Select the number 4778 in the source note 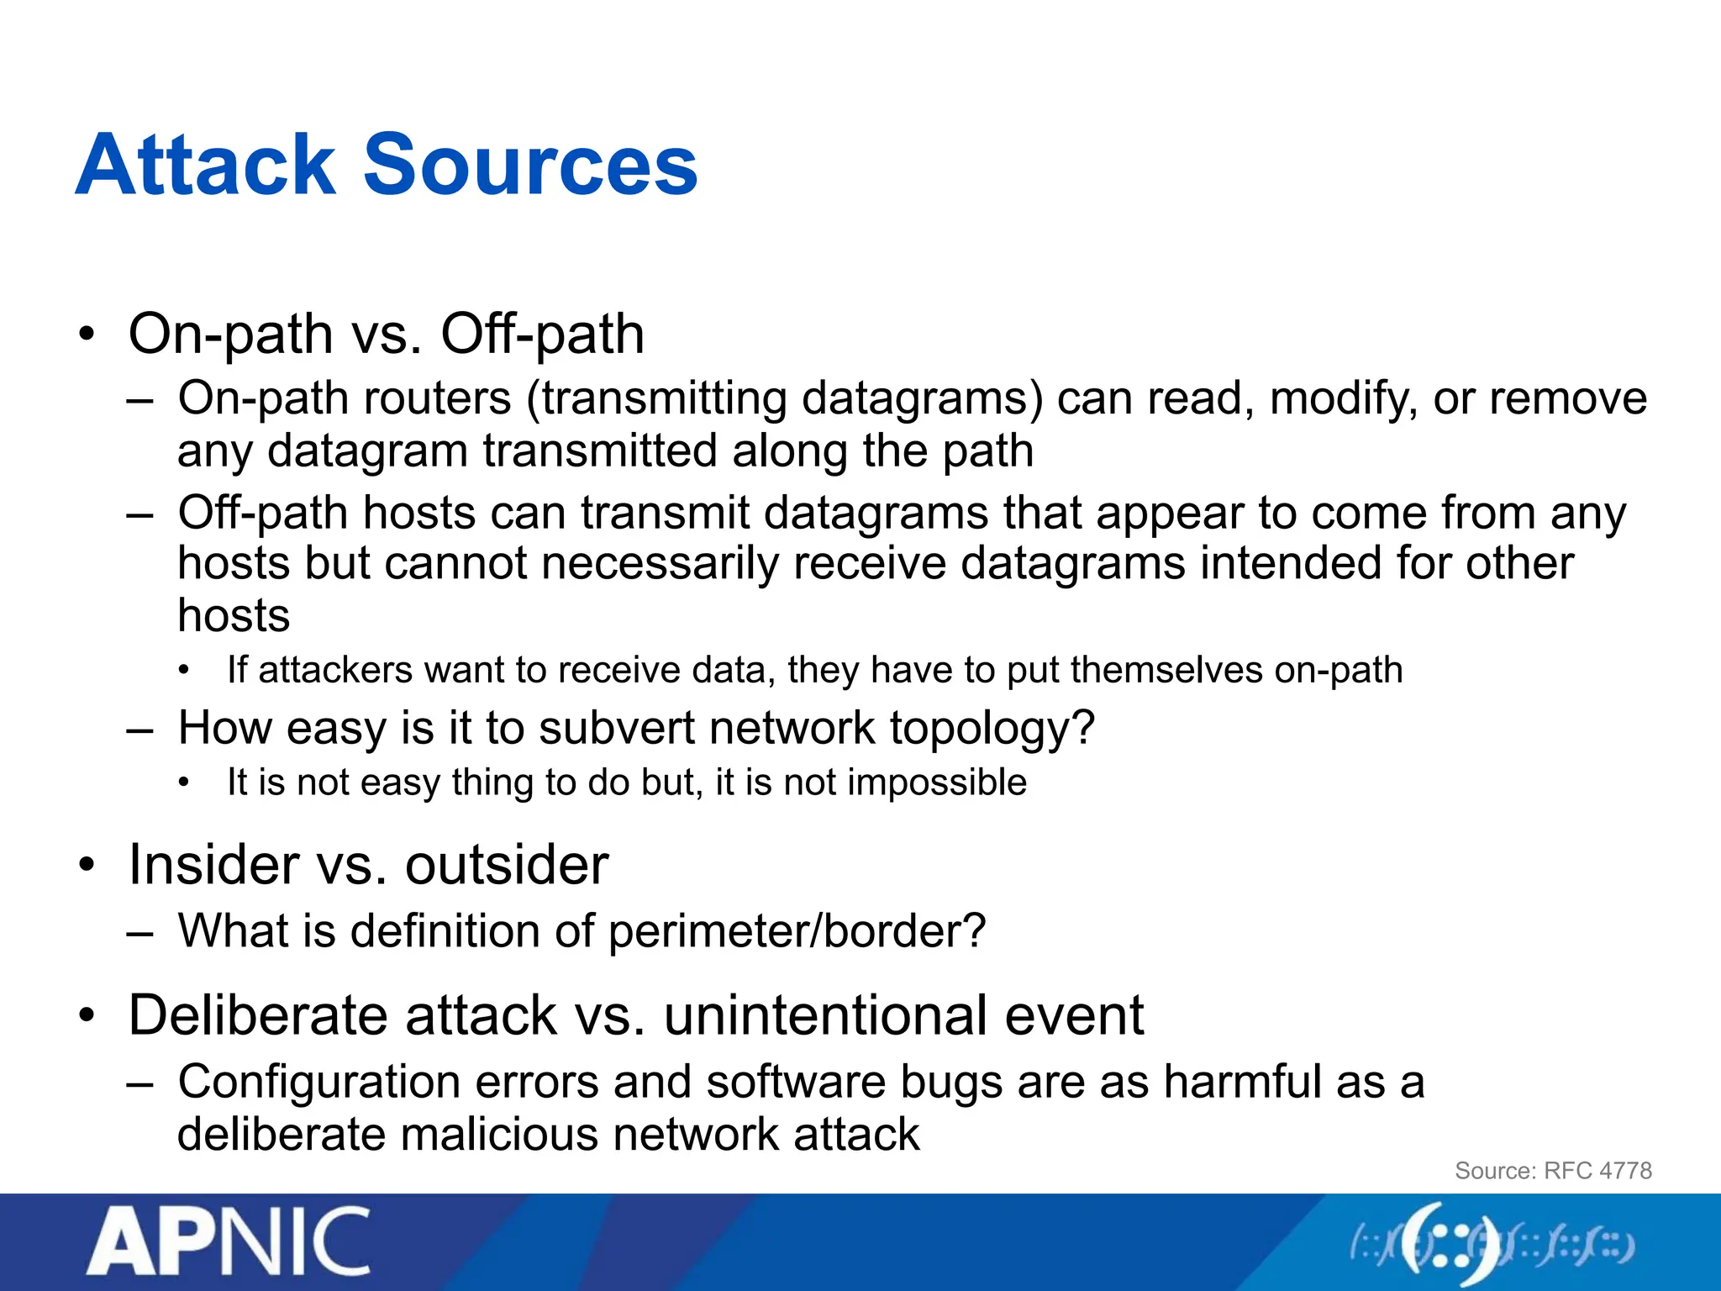pos(1625,1171)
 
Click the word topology pos(992,729)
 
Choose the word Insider pos(213,864)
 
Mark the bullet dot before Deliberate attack pos(87,1016)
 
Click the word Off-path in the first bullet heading pos(542,335)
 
